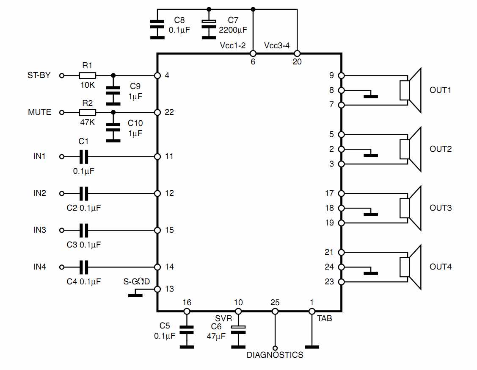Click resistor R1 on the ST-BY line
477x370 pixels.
pyautogui.click(x=87, y=75)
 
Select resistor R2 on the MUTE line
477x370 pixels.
pyautogui.click(x=87, y=112)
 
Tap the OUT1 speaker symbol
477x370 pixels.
pyautogui.click(x=411, y=90)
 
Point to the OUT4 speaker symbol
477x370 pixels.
pyautogui.click(x=411, y=267)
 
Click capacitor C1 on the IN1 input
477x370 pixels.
pyautogui.click(x=84, y=156)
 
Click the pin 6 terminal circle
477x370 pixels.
pyautogui.click(x=253, y=54)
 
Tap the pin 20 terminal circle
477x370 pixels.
pyautogui.click(x=297, y=54)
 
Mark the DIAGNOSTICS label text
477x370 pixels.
pyautogui.click(x=275, y=355)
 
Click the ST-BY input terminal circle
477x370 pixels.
pyautogui.click(x=62, y=75)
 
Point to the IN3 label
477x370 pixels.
pyautogui.click(x=40, y=230)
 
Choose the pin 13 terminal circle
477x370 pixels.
pyautogui.click(x=157, y=289)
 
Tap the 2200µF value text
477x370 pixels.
pyautogui.click(x=233, y=30)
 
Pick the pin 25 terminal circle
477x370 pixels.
pyautogui.click(x=275, y=311)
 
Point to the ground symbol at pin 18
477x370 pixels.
pyautogui.click(x=371, y=214)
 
